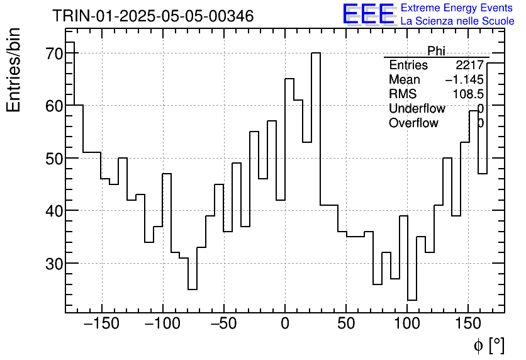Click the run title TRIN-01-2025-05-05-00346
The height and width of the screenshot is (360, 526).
[x=153, y=16]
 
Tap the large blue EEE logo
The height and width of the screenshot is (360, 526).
[x=368, y=14]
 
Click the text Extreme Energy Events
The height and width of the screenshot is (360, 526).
[x=457, y=8]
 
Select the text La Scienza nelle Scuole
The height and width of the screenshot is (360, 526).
[x=457, y=21]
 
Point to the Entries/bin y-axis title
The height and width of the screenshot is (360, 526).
[x=14, y=70]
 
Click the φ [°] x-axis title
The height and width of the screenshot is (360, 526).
[x=488, y=345]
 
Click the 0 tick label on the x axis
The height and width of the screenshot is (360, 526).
[x=285, y=324]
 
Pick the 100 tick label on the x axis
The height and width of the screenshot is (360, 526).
[x=407, y=324]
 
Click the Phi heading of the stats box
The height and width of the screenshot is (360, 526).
[x=436, y=51]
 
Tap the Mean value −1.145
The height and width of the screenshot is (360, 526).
[x=464, y=80]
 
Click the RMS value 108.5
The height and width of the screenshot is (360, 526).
[x=467, y=94]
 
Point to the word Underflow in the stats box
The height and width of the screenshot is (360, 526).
[x=417, y=109]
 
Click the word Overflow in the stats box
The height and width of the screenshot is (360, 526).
[x=413, y=123]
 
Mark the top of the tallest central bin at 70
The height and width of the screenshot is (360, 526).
[x=316, y=53]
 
